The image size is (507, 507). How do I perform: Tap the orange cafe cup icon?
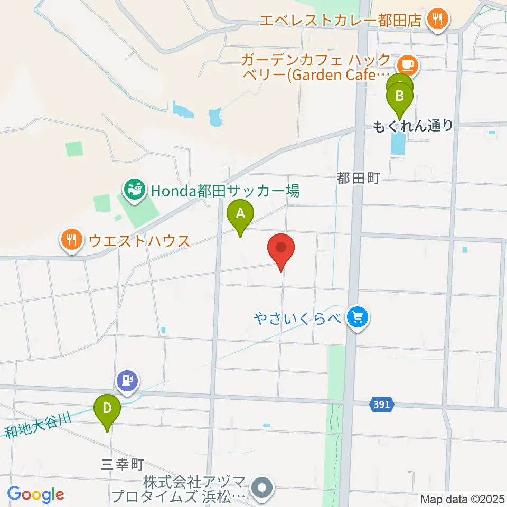click(x=407, y=65)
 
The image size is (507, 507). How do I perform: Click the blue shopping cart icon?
click(x=358, y=318)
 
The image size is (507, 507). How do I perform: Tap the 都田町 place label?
click(x=358, y=180)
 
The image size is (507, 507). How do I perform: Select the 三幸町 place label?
click(x=123, y=465)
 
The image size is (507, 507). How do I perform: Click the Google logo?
click(x=36, y=495)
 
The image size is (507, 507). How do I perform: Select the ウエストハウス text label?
click(x=139, y=241)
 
